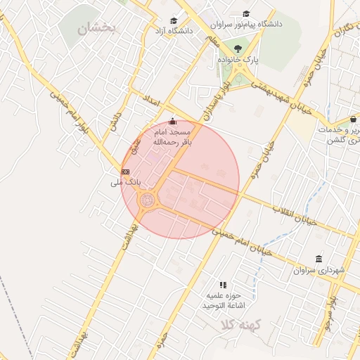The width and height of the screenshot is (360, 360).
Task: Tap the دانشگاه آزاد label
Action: (x=173, y=32)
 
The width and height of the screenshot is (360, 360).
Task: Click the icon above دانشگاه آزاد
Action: (x=174, y=20)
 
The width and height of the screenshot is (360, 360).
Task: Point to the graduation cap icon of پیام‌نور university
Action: (x=246, y=13)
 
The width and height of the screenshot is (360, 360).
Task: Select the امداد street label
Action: (x=151, y=99)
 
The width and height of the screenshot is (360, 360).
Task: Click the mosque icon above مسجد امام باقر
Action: (x=173, y=122)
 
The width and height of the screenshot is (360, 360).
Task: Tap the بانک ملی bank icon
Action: (x=125, y=171)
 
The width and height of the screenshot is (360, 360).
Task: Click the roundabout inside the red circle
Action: (x=148, y=201)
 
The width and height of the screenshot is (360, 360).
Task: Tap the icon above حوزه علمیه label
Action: (x=223, y=285)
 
